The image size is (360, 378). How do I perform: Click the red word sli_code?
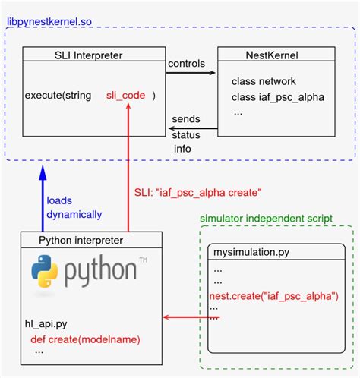pyautogui.click(x=127, y=96)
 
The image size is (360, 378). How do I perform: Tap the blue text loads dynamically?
pyautogui.click(x=74, y=208)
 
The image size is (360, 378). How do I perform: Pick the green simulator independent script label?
pyautogui.click(x=266, y=219)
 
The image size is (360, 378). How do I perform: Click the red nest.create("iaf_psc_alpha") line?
pyautogui.click(x=274, y=295)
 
